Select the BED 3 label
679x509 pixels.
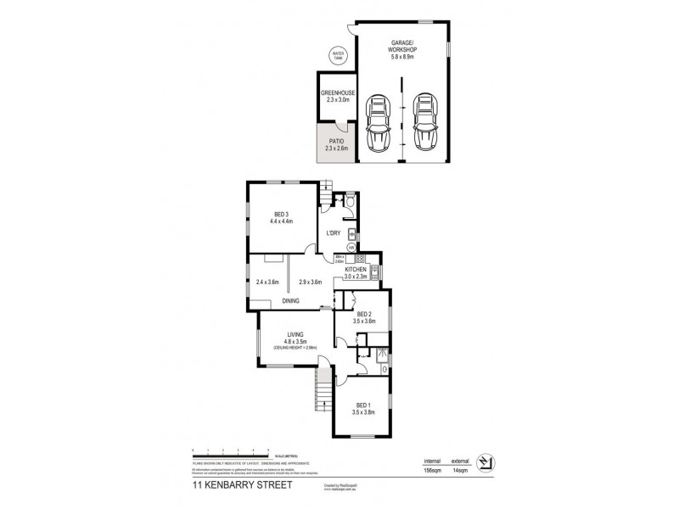coord(282,215)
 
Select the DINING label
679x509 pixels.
coord(291,300)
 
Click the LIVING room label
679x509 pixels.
coord(295,335)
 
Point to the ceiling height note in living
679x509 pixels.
coord(295,349)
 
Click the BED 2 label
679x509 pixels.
coord(363,315)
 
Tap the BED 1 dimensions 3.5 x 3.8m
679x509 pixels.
coord(363,412)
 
